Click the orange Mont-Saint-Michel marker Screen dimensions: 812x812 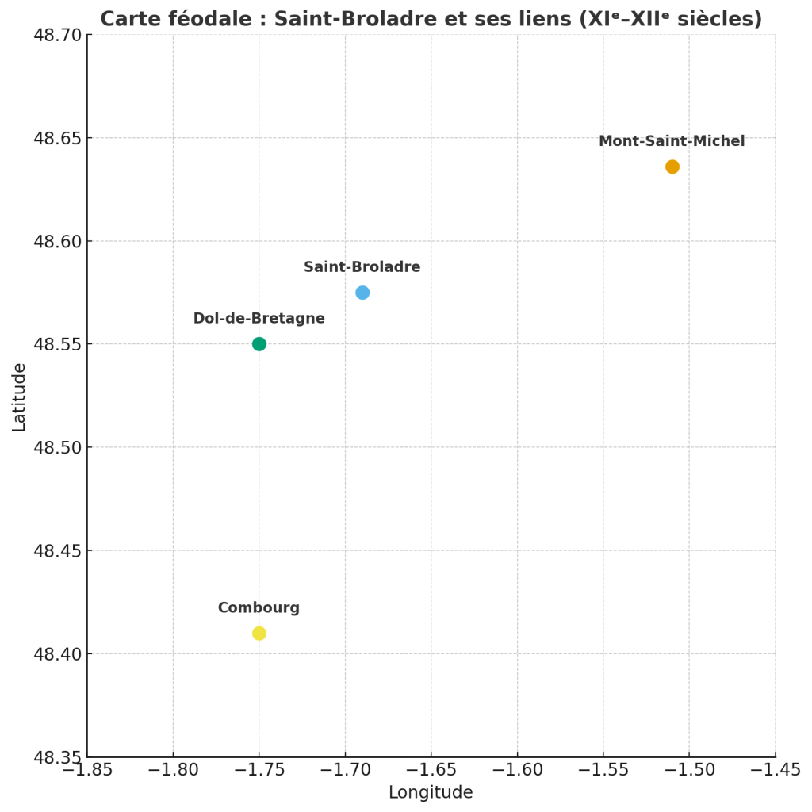(x=672, y=167)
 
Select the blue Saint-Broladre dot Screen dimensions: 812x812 (x=362, y=293)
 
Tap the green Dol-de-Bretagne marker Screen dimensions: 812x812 (x=259, y=344)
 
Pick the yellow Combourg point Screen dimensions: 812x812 (x=259, y=634)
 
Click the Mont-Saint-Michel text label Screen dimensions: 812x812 (x=672, y=141)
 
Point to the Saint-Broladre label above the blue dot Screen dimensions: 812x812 (x=362, y=267)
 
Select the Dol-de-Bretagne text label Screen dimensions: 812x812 (x=259, y=319)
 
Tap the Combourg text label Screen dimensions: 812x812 (x=259, y=608)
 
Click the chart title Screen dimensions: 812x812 (x=431, y=19)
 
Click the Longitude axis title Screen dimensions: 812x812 (x=431, y=792)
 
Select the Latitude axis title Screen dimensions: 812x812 (x=19, y=396)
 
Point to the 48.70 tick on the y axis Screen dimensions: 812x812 (x=57, y=35)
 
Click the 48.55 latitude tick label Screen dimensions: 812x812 (x=57, y=344)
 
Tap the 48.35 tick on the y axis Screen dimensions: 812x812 (x=57, y=757)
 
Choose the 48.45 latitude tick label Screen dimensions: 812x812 (x=57, y=550)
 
